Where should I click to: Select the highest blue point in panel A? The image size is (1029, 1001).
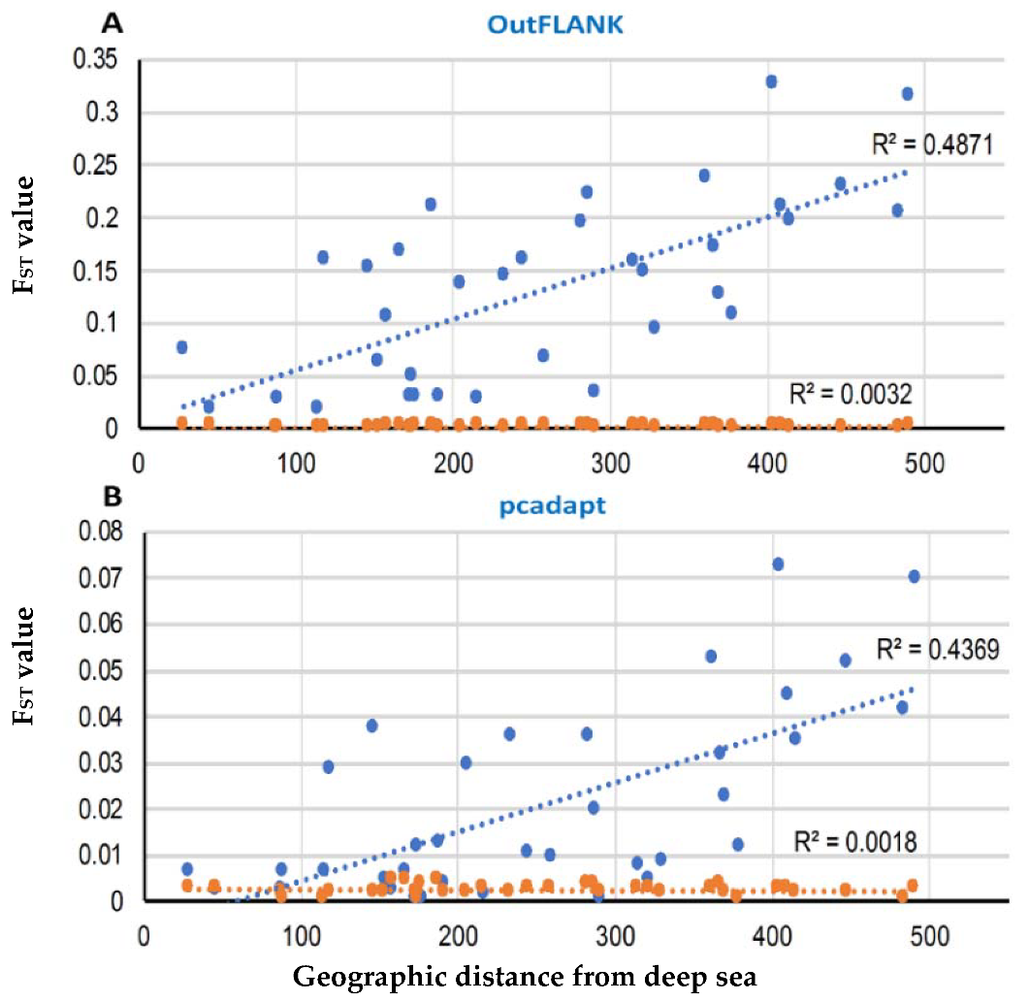[771, 81]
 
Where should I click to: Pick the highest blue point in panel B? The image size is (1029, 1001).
[778, 564]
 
